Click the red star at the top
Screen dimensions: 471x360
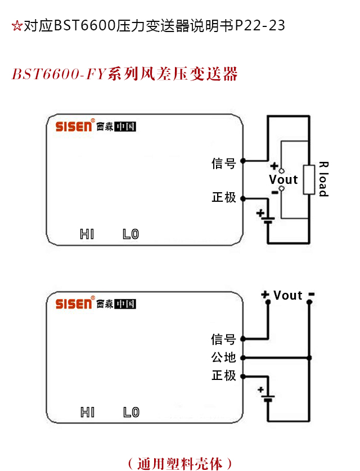pos(16,26)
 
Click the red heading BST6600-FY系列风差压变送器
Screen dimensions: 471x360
pos(124,74)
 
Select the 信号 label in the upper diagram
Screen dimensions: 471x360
pos(223,163)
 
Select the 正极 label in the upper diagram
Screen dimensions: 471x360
pos(223,197)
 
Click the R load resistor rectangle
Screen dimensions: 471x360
pos(309,180)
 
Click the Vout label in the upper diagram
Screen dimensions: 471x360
pos(283,180)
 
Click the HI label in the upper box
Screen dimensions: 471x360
pos(87,234)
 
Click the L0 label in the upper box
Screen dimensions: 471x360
pos(130,234)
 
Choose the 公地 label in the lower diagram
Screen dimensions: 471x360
pos(223,357)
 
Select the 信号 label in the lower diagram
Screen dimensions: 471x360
pos(223,339)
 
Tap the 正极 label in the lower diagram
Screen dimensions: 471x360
pos(223,375)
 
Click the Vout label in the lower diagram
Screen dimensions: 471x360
pos(288,296)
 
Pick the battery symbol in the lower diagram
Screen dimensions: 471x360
pos(268,398)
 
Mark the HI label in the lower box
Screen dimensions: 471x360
pos(87,413)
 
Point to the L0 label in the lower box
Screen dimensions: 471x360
pos(130,413)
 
